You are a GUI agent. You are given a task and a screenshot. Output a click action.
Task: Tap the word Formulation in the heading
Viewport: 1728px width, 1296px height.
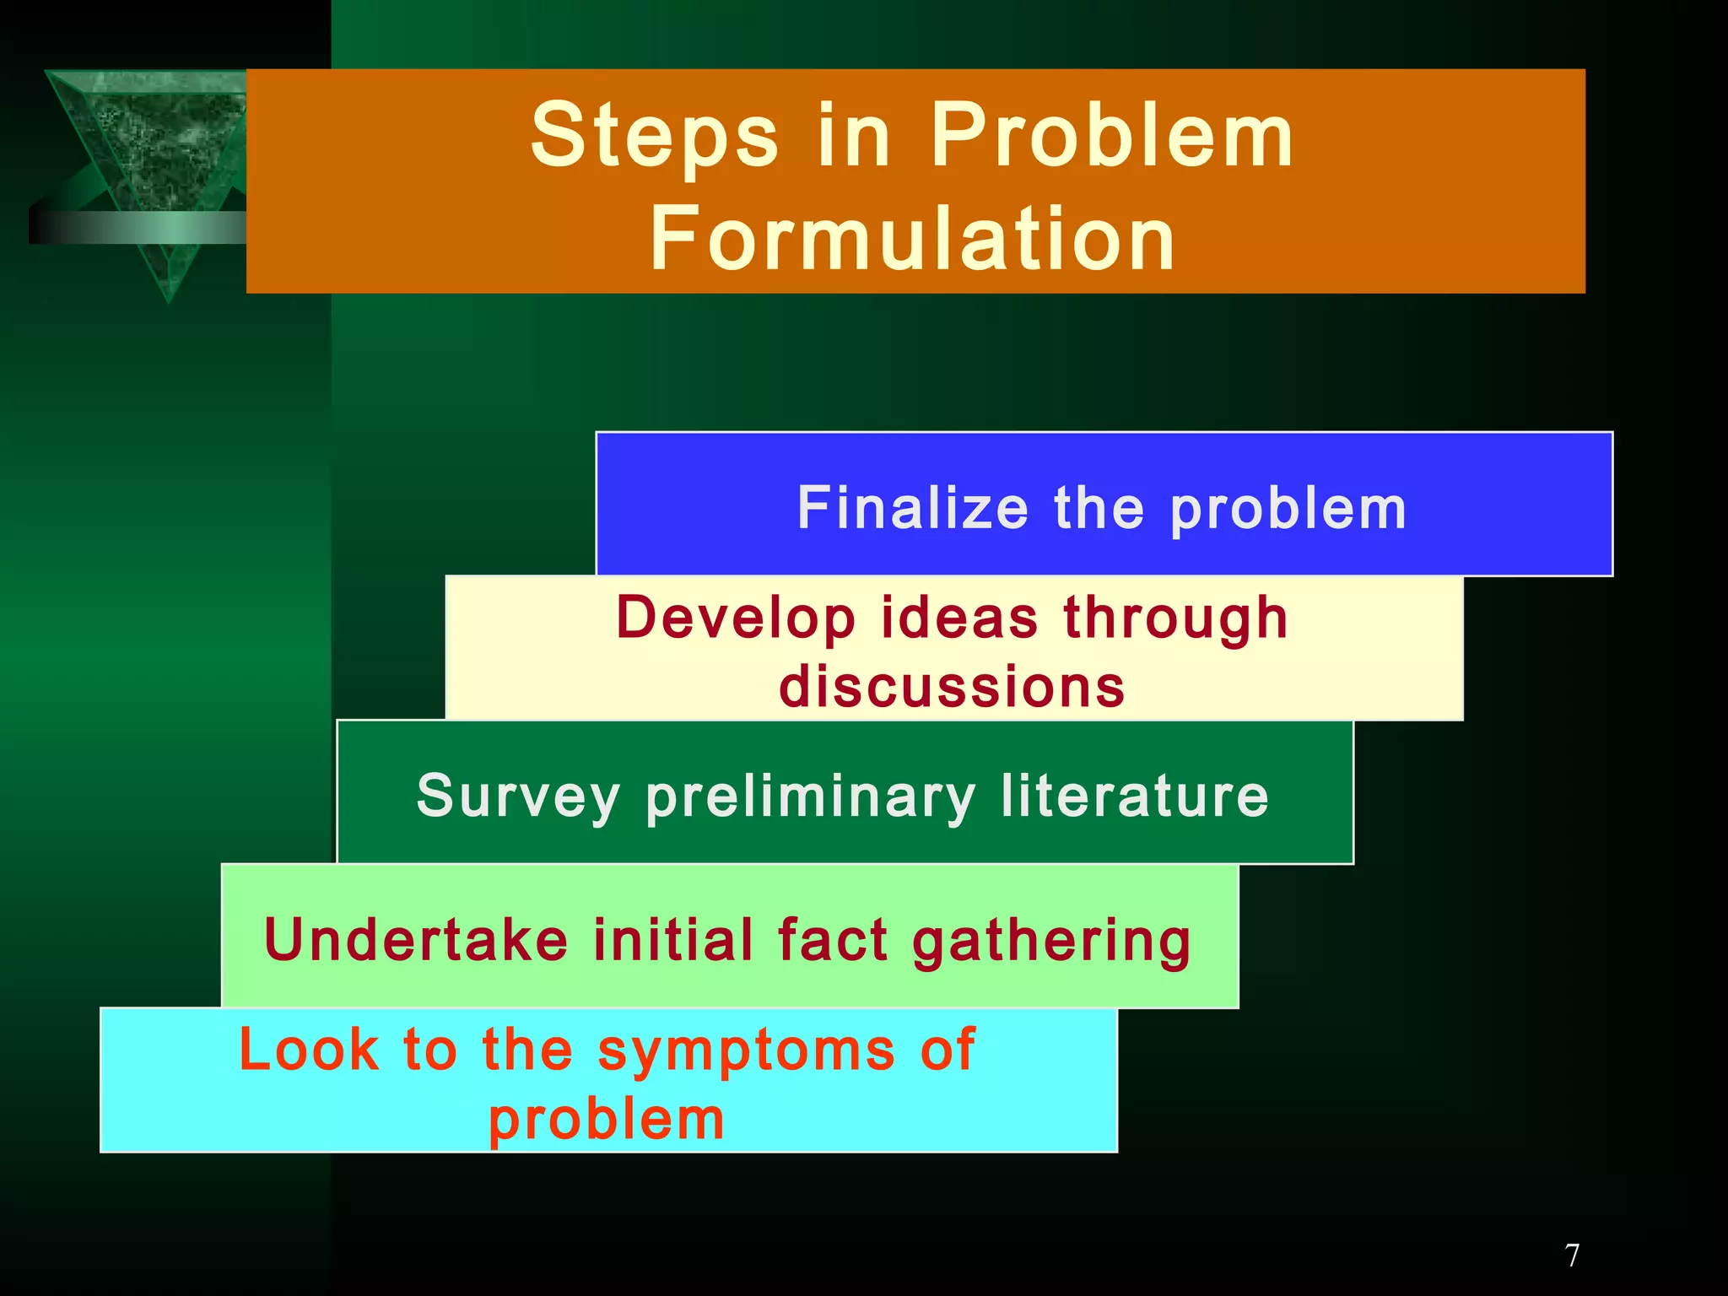coord(912,240)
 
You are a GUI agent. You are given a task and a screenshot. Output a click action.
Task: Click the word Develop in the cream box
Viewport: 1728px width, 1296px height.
coord(736,618)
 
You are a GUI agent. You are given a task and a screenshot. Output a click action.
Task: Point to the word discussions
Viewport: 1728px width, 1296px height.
coord(952,686)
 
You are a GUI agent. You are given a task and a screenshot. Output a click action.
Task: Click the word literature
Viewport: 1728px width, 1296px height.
coord(1135,796)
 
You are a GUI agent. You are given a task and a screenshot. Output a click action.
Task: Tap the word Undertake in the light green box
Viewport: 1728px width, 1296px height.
coord(416,940)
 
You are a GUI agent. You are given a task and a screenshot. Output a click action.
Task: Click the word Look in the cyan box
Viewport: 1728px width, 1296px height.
coord(309,1050)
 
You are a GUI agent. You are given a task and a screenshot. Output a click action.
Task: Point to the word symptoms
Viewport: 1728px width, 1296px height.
coord(746,1051)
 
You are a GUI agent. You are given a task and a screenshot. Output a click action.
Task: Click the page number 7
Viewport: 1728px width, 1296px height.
coord(1572,1255)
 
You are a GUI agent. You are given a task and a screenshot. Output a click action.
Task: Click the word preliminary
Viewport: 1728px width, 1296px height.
coord(810,797)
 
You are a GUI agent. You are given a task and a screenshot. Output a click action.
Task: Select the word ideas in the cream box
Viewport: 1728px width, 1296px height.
coord(959,618)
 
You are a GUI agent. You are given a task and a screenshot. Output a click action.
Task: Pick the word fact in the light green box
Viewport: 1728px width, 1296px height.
coord(832,940)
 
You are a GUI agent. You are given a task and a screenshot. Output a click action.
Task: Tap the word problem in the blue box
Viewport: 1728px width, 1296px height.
coord(1288,510)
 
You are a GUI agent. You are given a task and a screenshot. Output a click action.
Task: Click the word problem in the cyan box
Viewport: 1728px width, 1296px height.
coord(607,1120)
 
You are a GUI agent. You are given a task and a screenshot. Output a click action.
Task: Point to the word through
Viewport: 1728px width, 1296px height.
coord(1175,618)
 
